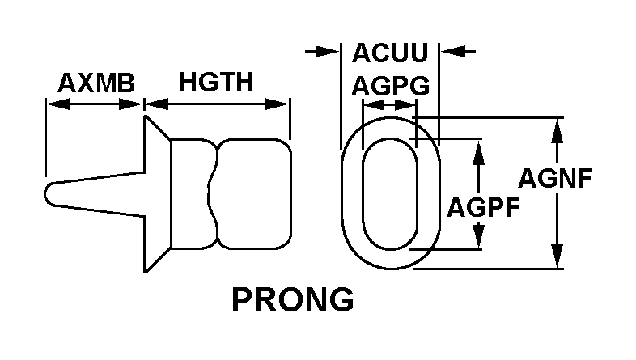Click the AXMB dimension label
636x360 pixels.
[96, 83]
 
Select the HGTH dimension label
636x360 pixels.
[216, 82]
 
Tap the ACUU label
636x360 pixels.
[390, 53]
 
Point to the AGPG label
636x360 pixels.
[390, 86]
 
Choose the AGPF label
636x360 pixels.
[483, 207]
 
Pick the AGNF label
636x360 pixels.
[555, 178]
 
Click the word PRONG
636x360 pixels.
[292, 299]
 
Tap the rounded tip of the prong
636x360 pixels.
[45, 195]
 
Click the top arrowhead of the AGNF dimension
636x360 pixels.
[558, 130]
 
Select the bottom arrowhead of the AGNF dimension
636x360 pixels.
[558, 256]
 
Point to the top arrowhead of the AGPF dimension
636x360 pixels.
[479, 151]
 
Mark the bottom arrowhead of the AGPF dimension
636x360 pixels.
[479, 236]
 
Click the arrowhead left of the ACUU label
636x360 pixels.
[328, 52]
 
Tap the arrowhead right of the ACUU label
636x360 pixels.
[452, 52]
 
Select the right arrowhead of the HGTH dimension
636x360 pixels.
[278, 104]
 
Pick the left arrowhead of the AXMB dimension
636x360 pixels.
[58, 104]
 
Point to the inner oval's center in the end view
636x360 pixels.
[390, 194]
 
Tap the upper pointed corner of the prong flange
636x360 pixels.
[146, 116]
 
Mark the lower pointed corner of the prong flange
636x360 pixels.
[146, 271]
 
